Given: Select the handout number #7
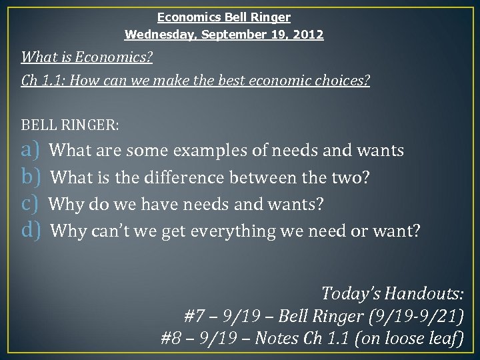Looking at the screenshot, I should point(194,315).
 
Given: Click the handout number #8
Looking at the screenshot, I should point(171,339).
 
